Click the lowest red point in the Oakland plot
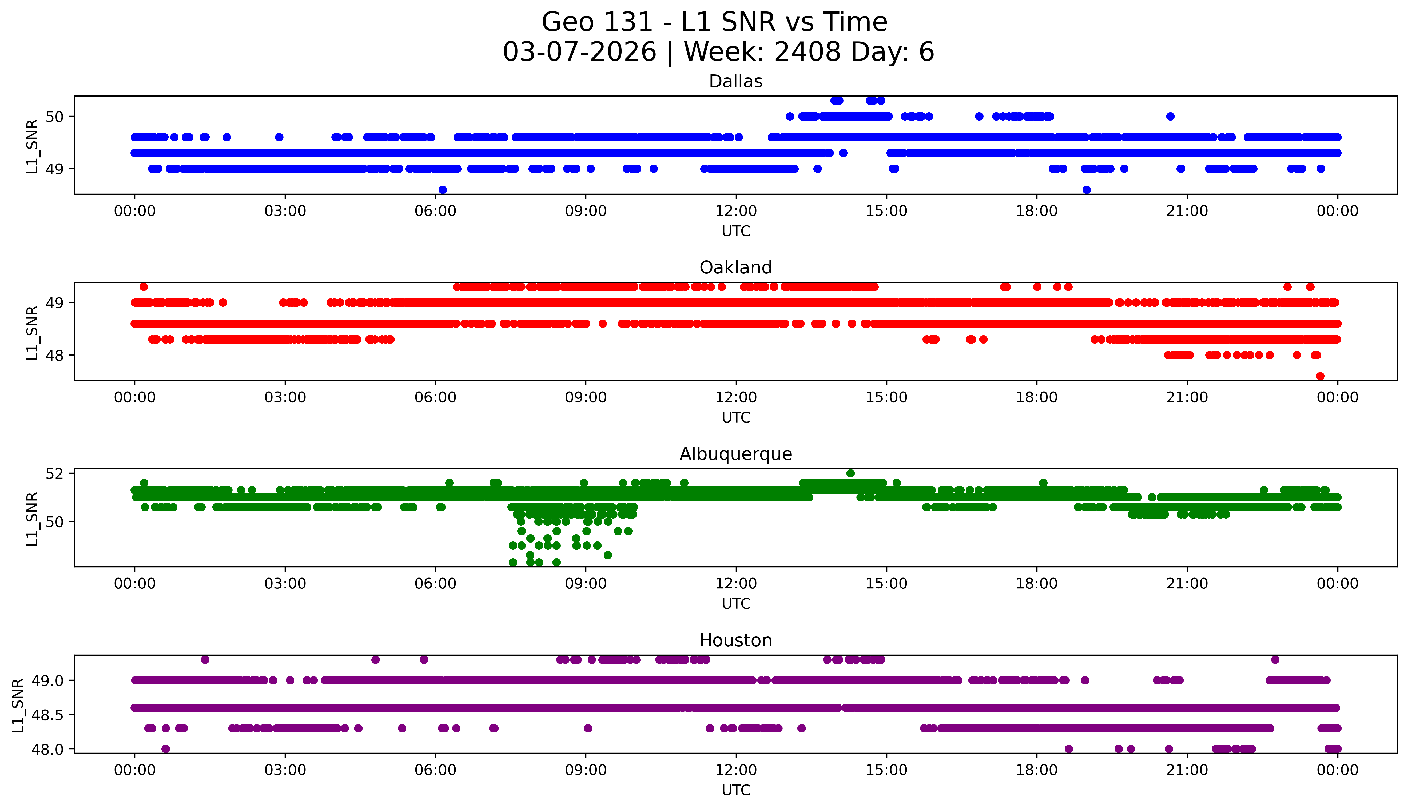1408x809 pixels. pyautogui.click(x=1320, y=376)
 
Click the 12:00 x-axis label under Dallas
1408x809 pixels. pyautogui.click(x=736, y=211)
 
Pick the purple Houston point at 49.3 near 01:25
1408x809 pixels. pyautogui.click(x=205, y=660)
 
